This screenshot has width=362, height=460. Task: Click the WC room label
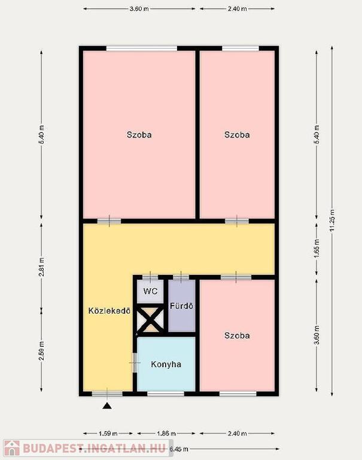point(150,291)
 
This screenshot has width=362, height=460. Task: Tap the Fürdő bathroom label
point(182,306)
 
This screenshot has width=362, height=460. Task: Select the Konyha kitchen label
point(166,364)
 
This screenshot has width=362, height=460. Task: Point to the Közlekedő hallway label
point(109,311)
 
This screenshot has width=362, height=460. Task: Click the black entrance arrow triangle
point(108,406)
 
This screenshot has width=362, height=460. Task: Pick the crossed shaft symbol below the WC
point(151,320)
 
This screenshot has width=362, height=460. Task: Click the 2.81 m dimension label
point(41,267)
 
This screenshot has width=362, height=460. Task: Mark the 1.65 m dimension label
point(317,249)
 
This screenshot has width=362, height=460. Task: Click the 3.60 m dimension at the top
point(139,9)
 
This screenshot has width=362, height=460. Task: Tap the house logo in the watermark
point(12,448)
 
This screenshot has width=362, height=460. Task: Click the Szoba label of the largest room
point(139,135)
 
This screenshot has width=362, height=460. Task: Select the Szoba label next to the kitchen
point(237,335)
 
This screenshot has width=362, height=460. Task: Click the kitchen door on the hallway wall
point(135,362)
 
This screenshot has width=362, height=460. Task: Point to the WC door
point(150,277)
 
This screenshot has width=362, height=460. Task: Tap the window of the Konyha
point(166,394)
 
